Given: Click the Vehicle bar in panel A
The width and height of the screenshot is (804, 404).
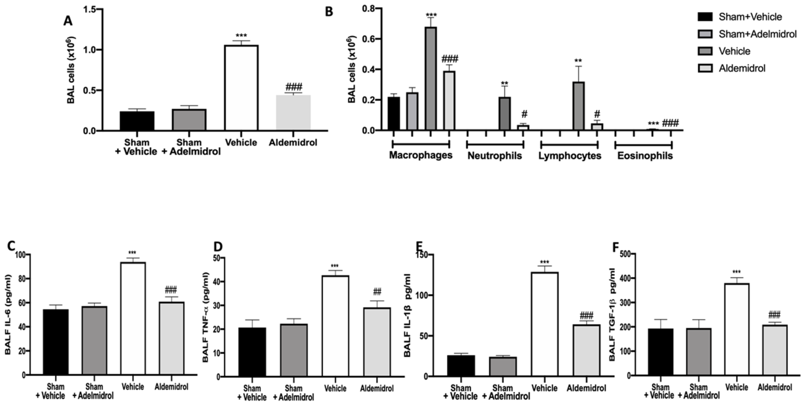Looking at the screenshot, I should [241, 88].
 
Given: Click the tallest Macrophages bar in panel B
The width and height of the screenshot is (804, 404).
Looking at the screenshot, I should [431, 78].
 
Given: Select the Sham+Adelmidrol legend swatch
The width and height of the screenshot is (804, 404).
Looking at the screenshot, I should [705, 34].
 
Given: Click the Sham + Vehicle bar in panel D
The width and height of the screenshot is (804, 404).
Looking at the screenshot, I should [252, 351].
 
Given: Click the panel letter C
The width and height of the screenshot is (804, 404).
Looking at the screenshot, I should [11, 246].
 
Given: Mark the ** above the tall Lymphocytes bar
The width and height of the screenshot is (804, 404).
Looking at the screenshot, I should [578, 61].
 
